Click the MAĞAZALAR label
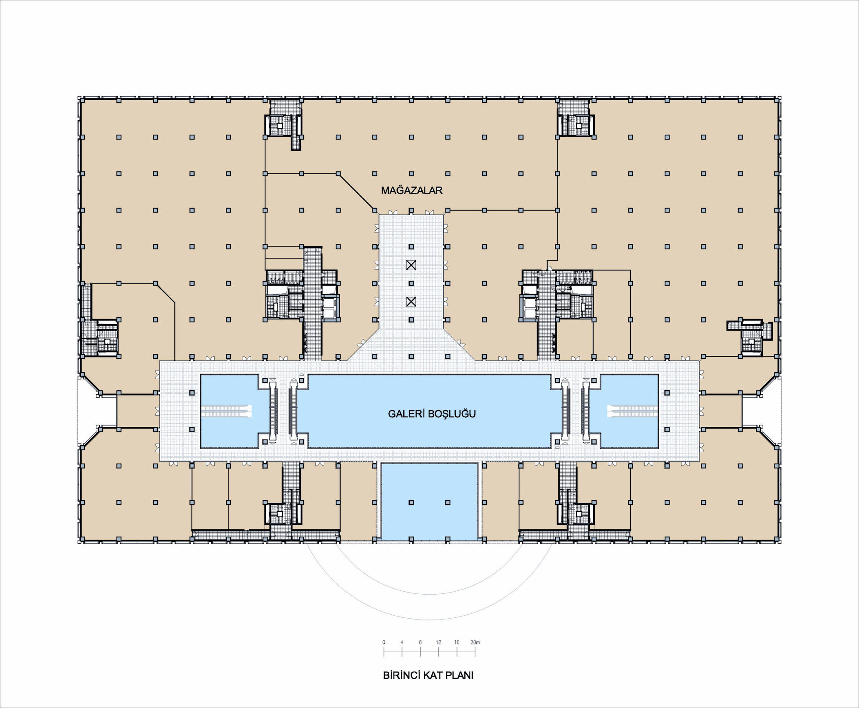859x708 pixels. pos(411,191)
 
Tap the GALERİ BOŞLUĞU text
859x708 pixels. pos(432,414)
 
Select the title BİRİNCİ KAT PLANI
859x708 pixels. pos(428,675)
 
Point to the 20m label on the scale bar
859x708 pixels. pos(475,642)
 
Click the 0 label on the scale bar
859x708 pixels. pos(384,642)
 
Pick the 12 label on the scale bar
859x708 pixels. pos(439,642)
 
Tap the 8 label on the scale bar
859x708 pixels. pos(420,642)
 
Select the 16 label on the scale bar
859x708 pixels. pos(457,642)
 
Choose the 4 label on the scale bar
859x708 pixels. pos(402,642)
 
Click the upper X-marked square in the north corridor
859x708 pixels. pos(411,265)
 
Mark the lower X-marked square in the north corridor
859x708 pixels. pos(411,302)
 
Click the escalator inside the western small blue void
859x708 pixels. pos(226,411)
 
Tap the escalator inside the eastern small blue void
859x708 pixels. pos(633,411)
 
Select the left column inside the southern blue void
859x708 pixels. pos(411,502)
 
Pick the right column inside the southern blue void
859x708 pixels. pos(448,502)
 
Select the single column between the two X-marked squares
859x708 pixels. pos(411,283)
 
